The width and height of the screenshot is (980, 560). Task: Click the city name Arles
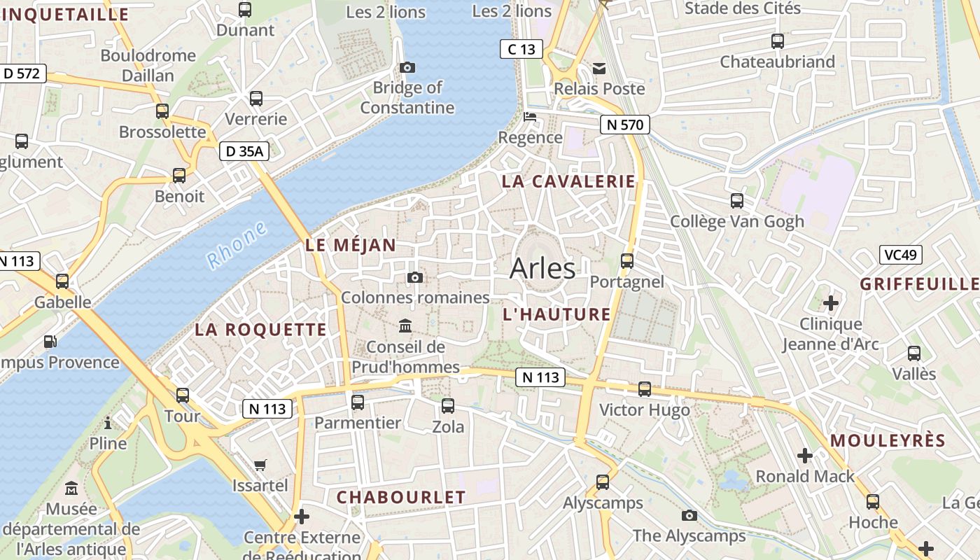(542, 268)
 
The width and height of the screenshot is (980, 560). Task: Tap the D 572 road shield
(23, 73)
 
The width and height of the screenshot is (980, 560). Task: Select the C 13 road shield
(521, 49)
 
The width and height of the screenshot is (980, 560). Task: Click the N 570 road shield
(625, 125)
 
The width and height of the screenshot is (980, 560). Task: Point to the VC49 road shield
(901, 255)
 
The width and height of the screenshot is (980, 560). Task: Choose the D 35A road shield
(244, 150)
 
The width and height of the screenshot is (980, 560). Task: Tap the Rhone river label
(237, 244)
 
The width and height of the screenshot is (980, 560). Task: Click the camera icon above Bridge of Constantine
(407, 67)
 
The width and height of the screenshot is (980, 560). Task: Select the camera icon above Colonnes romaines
(414, 278)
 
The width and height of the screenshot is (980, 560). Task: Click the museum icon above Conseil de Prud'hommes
(405, 325)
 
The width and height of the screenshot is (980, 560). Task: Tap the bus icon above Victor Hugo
(645, 389)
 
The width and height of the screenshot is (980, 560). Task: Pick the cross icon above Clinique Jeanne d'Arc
(831, 303)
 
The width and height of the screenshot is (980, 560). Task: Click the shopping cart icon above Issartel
(260, 465)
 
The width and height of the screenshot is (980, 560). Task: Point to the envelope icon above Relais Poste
(599, 68)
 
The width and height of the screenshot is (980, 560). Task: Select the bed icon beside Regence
(530, 117)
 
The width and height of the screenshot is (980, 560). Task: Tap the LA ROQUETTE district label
(260, 330)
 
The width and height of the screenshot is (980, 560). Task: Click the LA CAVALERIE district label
(568, 181)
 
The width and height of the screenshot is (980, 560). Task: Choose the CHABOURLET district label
(400, 498)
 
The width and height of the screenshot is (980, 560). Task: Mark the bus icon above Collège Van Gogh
(737, 201)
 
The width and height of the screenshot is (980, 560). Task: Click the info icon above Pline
(108, 423)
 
